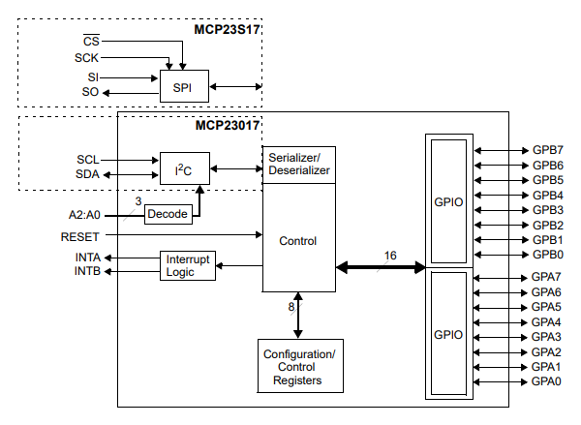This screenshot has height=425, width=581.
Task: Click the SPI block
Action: coord(183,87)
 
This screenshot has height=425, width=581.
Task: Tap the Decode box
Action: coord(168,214)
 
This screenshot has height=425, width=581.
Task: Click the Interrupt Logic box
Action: coord(187,266)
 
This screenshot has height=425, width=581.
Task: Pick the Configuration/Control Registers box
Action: coord(299,367)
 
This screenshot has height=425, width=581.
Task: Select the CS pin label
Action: coord(91,42)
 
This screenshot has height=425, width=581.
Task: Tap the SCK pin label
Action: coord(87,58)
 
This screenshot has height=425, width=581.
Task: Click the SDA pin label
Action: coord(88,175)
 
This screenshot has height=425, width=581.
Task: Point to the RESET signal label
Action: coord(81,236)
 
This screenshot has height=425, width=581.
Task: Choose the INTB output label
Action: coord(88,272)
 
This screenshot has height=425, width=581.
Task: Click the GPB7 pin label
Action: coord(548,151)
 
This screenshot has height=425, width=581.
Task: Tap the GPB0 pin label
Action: coord(548,254)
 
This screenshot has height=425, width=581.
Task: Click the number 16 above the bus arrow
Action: coord(390,256)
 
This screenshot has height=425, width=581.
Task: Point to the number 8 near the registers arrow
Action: coord(290,307)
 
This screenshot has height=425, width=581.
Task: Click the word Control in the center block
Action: coord(297,240)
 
